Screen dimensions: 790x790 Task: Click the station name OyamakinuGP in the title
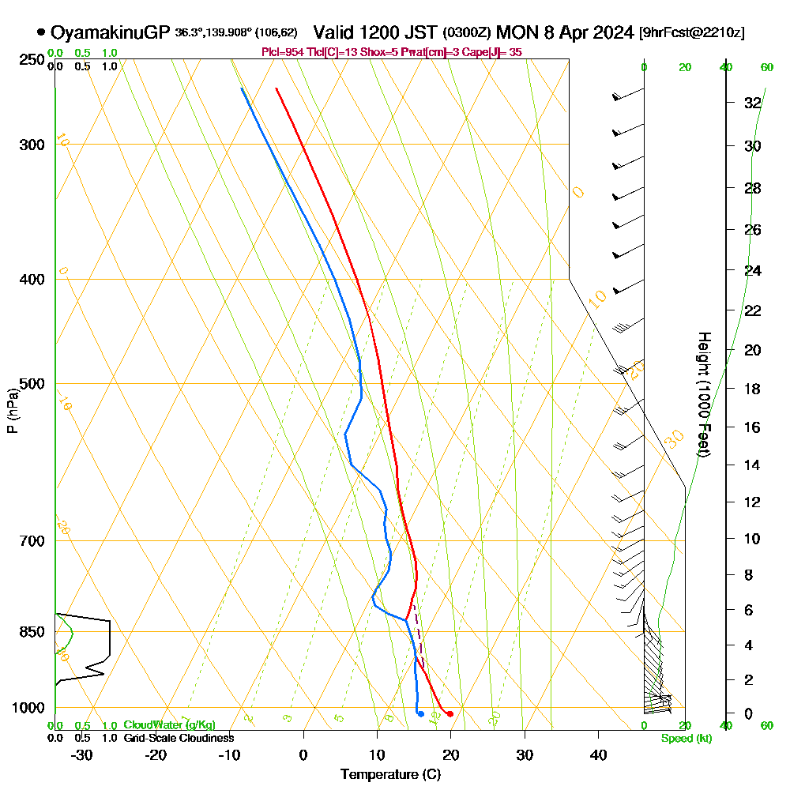(x=110, y=32)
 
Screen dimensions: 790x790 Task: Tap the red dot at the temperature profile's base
(x=450, y=714)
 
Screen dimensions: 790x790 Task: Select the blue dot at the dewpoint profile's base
(x=421, y=714)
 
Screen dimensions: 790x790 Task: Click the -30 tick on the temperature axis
(x=82, y=754)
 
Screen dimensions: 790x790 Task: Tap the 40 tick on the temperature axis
(x=598, y=754)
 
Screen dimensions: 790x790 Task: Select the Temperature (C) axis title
(x=390, y=775)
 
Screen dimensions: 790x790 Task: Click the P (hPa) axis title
(x=12, y=410)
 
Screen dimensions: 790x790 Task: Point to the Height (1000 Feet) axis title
(x=702, y=394)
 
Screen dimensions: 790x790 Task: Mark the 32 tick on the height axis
(x=753, y=103)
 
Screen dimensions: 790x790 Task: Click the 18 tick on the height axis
(x=753, y=389)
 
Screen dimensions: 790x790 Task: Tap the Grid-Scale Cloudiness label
(x=179, y=738)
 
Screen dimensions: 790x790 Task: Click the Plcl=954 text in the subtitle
(x=281, y=52)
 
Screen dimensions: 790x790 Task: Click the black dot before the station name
(x=40, y=32)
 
